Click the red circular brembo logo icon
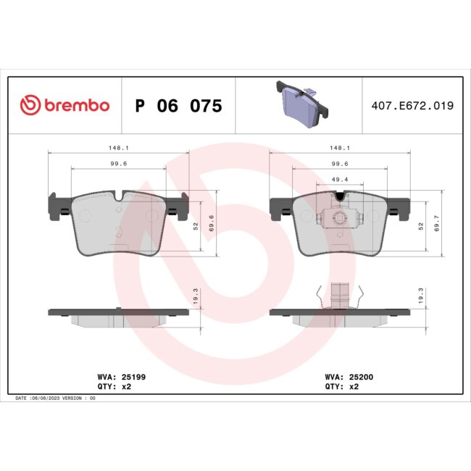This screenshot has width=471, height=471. pos(31,105)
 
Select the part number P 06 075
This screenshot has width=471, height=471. pos(178,106)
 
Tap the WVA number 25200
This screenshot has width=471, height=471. pos(359,377)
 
